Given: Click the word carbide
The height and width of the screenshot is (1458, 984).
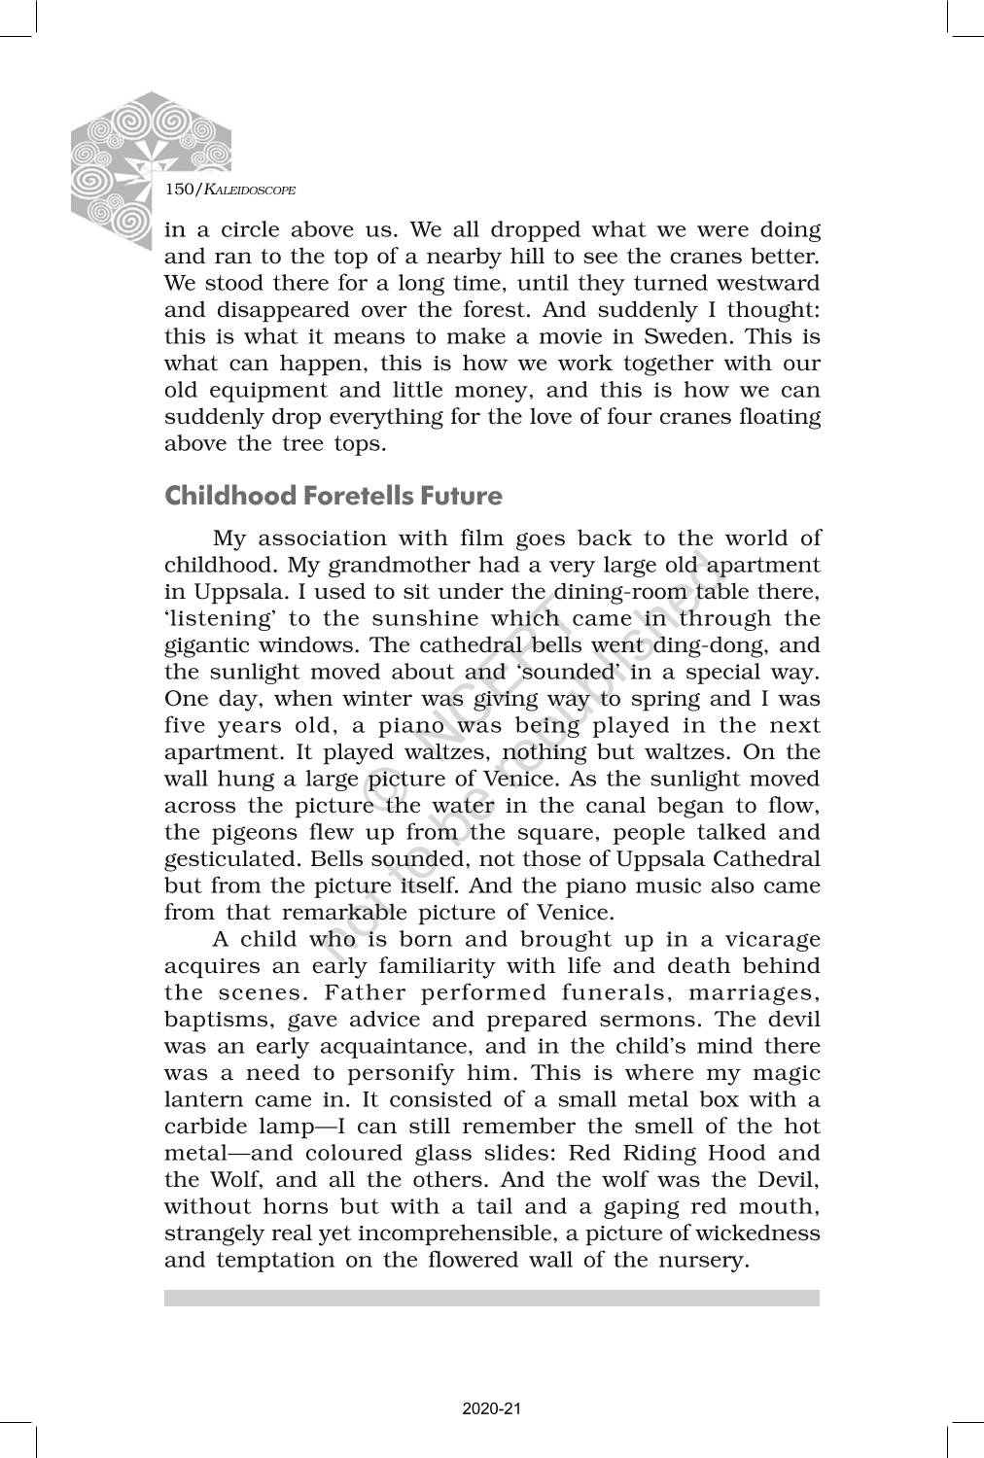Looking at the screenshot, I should coord(206,1127).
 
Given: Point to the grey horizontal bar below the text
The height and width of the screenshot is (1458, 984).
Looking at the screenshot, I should coord(492,1299).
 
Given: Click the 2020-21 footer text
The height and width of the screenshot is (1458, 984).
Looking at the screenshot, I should coord(492,1408).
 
